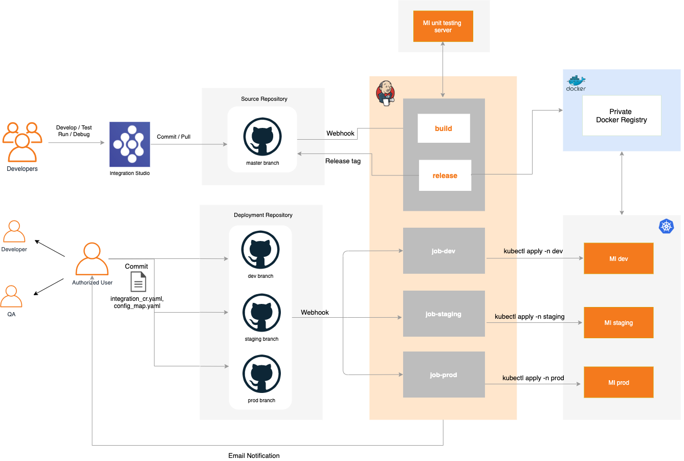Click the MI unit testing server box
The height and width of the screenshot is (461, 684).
tap(443, 27)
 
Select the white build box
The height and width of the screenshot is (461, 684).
tap(444, 128)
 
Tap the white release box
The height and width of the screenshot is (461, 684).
tap(445, 175)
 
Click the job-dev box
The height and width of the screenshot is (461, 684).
tap(444, 251)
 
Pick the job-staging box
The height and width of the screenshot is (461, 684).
tap(444, 314)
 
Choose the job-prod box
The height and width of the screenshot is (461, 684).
tap(444, 375)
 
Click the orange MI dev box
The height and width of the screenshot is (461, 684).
tap(619, 258)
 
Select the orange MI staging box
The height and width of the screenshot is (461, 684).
tap(619, 323)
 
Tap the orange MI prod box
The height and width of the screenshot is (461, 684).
tap(619, 382)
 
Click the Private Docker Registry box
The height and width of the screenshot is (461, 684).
tap(622, 116)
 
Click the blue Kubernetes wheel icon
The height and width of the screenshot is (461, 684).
tap(666, 226)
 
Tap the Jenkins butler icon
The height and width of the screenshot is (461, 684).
tap(385, 93)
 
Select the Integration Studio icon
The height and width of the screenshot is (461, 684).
tap(130, 144)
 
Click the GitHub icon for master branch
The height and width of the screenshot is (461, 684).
tap(262, 137)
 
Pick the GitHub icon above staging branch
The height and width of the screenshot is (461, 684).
tap(261, 313)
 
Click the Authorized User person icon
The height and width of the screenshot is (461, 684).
tap(92, 259)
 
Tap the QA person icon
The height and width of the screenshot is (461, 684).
tap(11, 297)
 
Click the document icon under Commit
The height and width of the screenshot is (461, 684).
tap(138, 282)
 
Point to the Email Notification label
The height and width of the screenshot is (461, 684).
tap(254, 455)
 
